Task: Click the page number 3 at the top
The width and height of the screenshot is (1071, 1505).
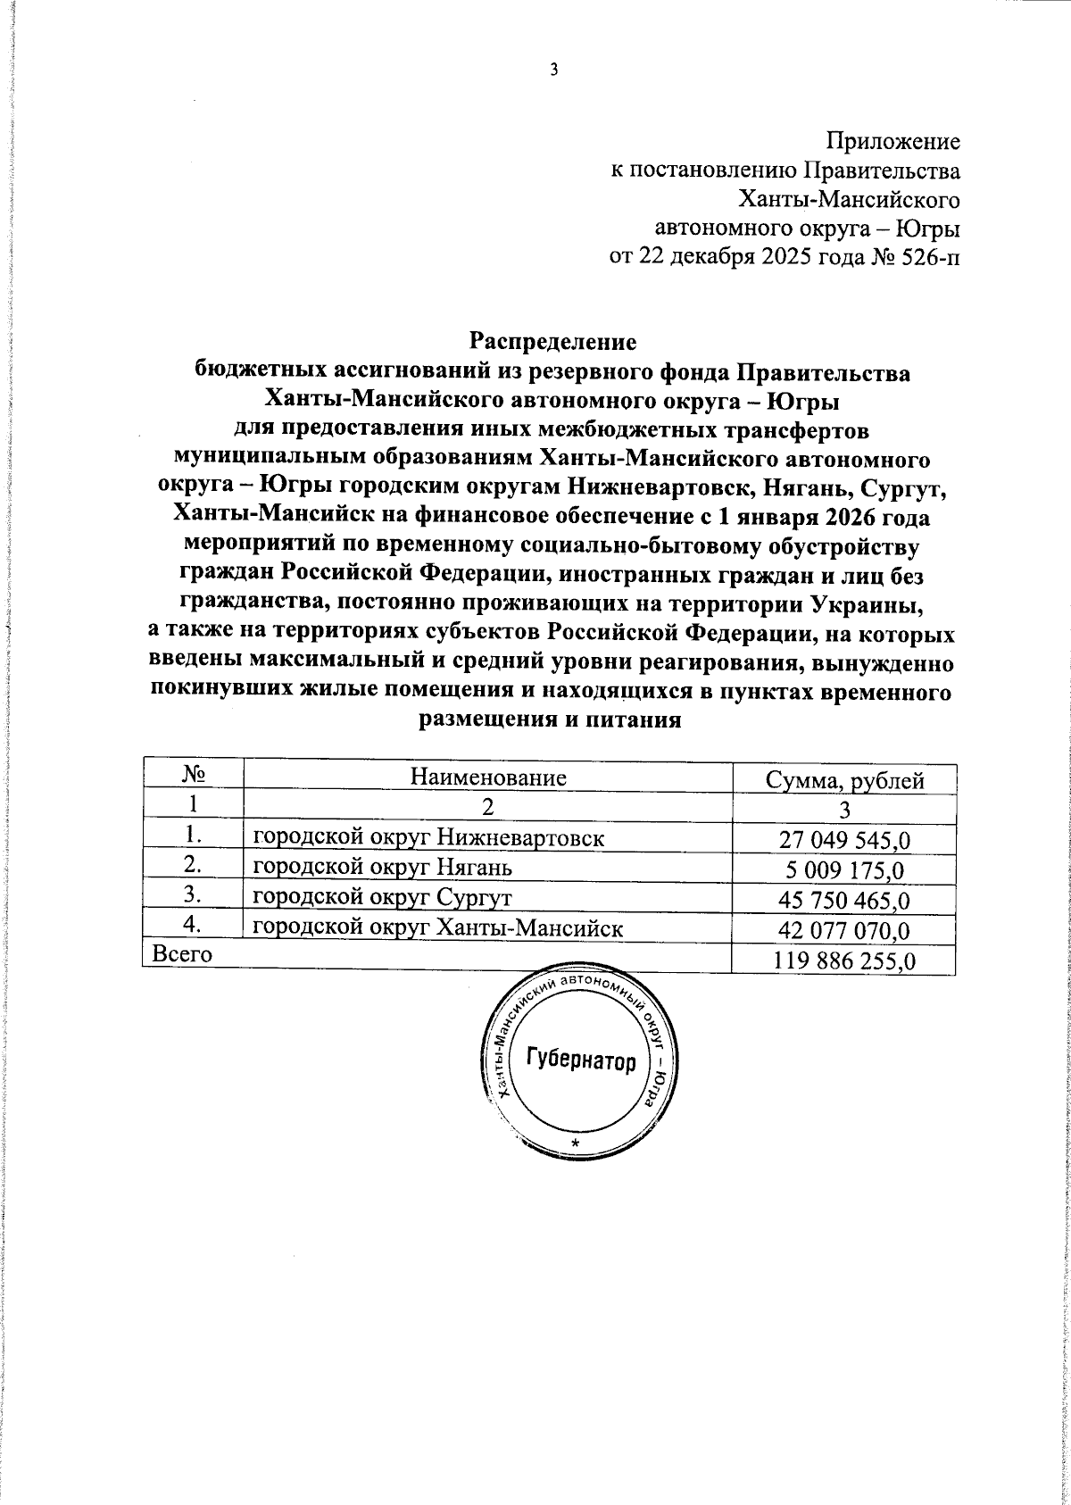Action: coord(553,71)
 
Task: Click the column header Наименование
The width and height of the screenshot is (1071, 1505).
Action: coord(488,777)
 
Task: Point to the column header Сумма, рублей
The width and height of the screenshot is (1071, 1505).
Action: coord(844,780)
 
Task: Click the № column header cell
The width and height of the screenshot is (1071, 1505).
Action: coord(194,775)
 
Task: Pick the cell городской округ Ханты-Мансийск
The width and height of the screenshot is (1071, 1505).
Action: coord(438,927)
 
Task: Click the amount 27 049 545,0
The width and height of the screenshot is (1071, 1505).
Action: coord(844,840)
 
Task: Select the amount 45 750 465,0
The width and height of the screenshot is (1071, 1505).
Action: coord(844,900)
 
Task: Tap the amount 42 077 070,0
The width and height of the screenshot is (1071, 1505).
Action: coord(844,930)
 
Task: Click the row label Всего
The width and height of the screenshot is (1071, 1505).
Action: coord(183,954)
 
